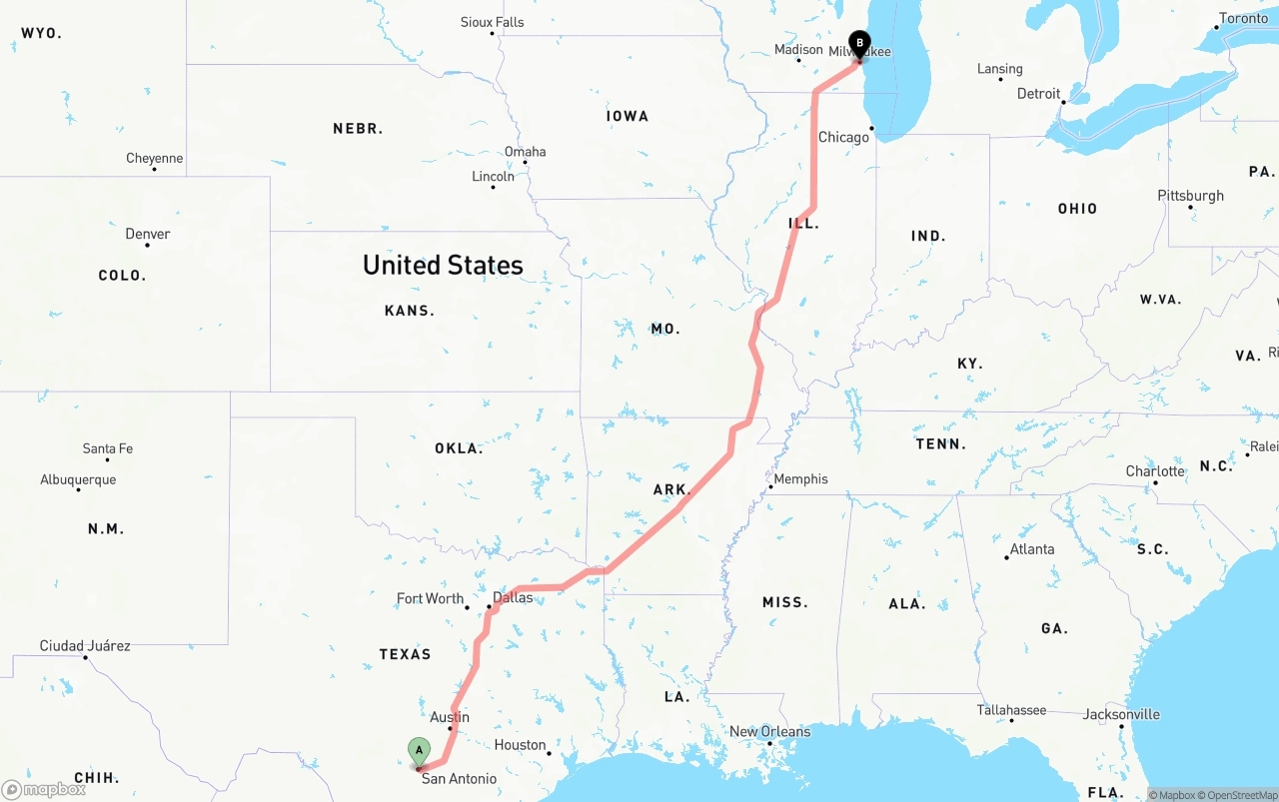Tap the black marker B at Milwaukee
(859, 44)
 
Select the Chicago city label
(843, 137)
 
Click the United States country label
(443, 265)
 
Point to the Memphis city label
(800, 479)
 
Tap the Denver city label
(148, 234)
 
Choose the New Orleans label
(769, 732)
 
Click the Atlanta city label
(1031, 549)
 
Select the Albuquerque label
(78, 479)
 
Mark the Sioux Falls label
(492, 22)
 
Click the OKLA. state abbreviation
(459, 448)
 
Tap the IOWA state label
(628, 117)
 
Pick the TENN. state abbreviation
(940, 444)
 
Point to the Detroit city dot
(1064, 102)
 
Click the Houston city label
(520, 745)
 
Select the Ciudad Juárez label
(85, 646)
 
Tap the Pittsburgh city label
(1190, 196)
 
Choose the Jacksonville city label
(1121, 714)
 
